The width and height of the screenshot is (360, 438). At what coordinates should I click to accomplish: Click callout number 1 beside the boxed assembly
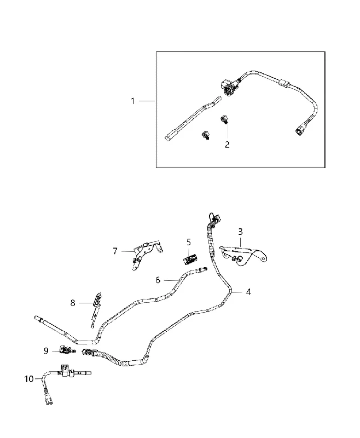click(x=133, y=101)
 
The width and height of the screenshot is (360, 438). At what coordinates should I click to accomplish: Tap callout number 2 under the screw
click(x=227, y=145)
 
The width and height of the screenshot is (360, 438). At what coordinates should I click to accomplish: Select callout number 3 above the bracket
click(x=240, y=232)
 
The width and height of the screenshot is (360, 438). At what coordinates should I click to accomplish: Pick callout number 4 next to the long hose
click(x=248, y=292)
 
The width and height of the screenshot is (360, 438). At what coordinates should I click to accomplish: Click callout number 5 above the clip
click(x=189, y=242)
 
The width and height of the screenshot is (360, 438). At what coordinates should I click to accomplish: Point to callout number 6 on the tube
click(x=158, y=280)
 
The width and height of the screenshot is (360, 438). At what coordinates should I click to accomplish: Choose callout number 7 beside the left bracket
click(x=115, y=251)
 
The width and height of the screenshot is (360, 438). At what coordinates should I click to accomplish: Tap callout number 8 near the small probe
click(x=73, y=303)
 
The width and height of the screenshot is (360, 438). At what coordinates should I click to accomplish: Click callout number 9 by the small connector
click(x=46, y=351)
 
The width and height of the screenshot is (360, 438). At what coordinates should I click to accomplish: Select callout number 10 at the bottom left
click(x=29, y=379)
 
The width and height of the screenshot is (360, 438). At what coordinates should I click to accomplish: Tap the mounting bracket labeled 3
click(x=243, y=255)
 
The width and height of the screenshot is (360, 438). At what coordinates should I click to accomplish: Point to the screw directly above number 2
click(x=224, y=120)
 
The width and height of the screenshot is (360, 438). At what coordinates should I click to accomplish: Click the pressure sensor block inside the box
click(x=227, y=87)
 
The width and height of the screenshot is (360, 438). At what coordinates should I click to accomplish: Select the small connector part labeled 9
click(x=66, y=349)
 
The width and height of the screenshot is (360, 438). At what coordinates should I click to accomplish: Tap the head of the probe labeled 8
click(x=98, y=298)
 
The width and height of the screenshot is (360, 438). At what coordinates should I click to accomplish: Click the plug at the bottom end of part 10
click(x=48, y=398)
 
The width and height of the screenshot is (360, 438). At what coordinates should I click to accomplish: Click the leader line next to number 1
click(x=147, y=101)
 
